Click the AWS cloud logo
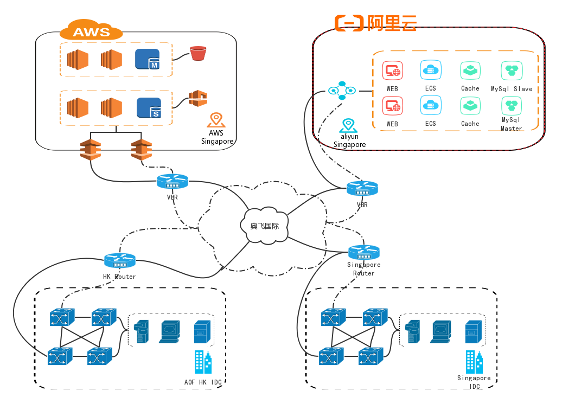[91, 31]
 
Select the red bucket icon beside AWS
[198, 53]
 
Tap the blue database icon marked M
[147, 59]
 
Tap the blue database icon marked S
[149, 108]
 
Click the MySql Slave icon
[511, 71]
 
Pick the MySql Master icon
[511, 105]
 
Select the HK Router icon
[120, 260]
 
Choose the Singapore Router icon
[363, 252]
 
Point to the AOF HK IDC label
[203, 382]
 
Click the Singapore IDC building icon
[474, 362]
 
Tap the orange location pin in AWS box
[216, 120]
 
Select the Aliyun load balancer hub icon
[342, 91]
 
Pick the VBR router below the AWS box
[173, 182]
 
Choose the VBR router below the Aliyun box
[362, 188]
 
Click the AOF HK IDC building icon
[203, 362]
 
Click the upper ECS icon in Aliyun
[430, 71]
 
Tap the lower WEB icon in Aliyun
[392, 106]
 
